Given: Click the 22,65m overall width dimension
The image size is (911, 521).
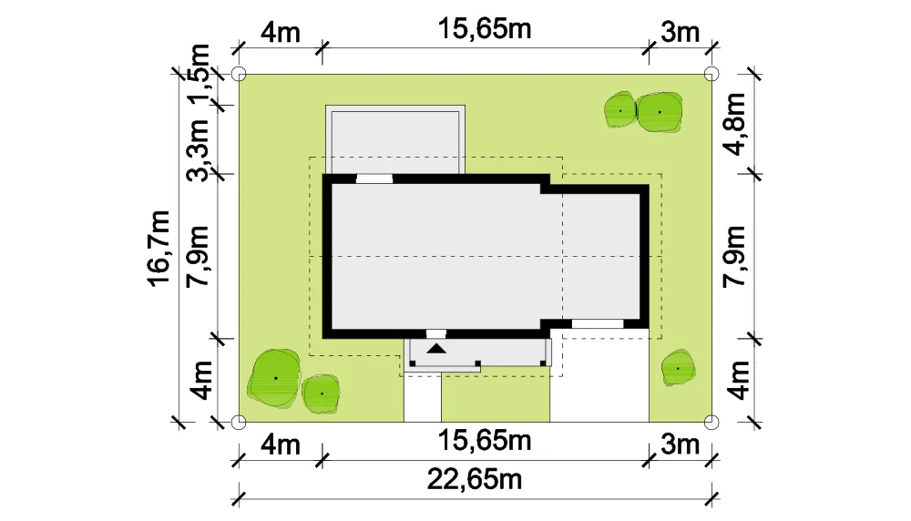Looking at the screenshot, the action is coord(475,480).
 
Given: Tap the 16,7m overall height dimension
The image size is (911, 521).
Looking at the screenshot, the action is coord(159,248).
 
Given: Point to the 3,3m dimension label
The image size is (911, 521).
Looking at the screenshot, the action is coord(200,150).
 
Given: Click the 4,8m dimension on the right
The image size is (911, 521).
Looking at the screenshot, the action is coord(735,124).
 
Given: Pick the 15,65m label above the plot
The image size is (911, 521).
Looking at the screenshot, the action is coord(484,29).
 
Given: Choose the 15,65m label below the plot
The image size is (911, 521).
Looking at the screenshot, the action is coord(484,441).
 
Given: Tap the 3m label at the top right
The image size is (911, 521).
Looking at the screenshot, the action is coord(680,32).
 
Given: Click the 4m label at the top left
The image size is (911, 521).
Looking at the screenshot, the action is coord(280,32).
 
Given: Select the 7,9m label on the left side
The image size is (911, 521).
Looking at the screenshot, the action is coord(200,256).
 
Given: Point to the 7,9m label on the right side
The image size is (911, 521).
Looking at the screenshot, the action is coord(735,256).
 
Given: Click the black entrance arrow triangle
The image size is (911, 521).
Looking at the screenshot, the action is coord(437,349).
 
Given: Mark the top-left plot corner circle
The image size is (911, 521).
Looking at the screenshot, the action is coord(239,74).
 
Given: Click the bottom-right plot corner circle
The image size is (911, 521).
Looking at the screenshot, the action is coord(711,423).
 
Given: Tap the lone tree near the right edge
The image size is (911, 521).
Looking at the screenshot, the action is coord(678,368).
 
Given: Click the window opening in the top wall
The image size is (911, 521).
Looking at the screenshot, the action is coord(374,179).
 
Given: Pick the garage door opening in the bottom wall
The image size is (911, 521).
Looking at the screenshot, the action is coord(598,323).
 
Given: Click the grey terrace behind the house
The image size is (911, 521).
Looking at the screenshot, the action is coord(395,139).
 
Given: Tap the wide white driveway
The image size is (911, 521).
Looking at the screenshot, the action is coord(599,376).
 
